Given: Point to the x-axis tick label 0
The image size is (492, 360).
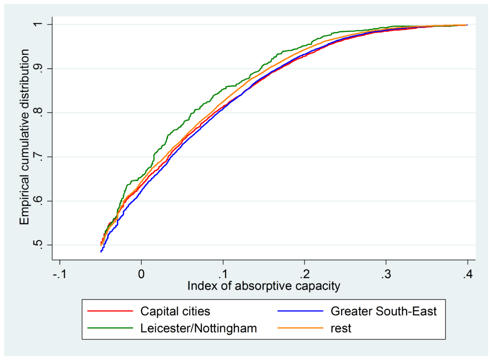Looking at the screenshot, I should pyautogui.click(x=141, y=276).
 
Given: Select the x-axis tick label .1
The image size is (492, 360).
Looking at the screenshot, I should pyautogui.click(x=222, y=276).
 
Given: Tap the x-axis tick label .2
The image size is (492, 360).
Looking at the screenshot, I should pyautogui.click(x=304, y=276).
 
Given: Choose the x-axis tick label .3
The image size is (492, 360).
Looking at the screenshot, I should pyautogui.click(x=385, y=276).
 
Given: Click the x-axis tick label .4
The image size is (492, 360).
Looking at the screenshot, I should pyautogui.click(x=467, y=276).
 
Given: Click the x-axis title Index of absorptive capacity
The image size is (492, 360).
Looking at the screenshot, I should pyautogui.click(x=263, y=287).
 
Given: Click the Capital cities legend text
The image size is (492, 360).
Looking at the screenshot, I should pyautogui.click(x=175, y=312).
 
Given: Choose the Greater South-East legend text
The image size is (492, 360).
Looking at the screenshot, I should pyautogui.click(x=383, y=312).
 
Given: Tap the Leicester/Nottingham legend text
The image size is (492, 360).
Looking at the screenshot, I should pyautogui.click(x=198, y=329).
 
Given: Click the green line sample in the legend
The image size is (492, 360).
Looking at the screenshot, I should pyautogui.click(x=110, y=329).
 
